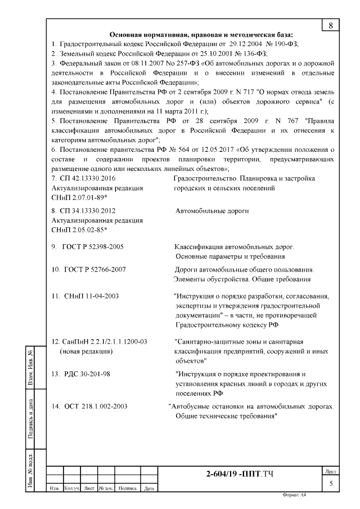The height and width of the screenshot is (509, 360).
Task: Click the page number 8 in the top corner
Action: coord(330,25)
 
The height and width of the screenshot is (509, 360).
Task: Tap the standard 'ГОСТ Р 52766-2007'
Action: coord(93,269)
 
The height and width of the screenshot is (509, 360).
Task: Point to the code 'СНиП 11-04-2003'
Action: coord(91,295)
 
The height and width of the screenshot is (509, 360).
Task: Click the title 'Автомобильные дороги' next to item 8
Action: coord(212,211)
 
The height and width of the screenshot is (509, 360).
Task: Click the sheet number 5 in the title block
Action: coord(331,482)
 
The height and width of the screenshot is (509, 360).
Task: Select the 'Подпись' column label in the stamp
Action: coord(128,488)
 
